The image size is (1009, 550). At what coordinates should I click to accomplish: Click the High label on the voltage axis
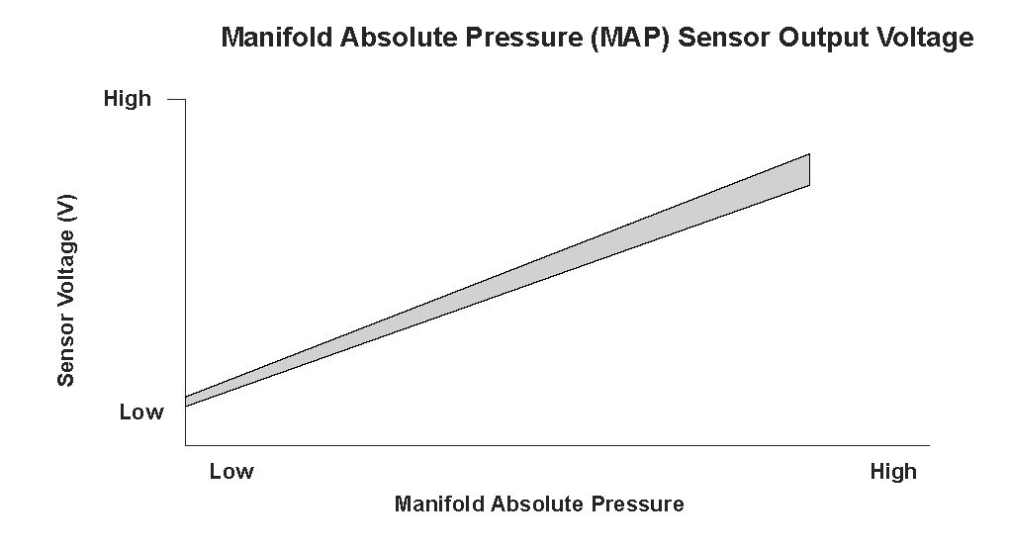(x=128, y=99)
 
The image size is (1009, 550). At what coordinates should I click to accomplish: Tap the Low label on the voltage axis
(x=141, y=412)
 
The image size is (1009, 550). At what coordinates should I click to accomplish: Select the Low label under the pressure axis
(x=231, y=472)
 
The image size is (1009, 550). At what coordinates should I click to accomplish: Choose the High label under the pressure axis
(x=893, y=472)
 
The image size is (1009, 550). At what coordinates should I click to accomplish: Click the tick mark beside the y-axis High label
(x=176, y=100)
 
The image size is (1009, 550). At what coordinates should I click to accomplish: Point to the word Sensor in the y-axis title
(x=66, y=349)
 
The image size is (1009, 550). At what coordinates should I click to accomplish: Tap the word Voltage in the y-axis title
(x=66, y=269)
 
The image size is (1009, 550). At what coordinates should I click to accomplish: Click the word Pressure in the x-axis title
(x=640, y=504)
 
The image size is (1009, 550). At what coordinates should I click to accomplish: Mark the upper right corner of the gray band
(x=809, y=154)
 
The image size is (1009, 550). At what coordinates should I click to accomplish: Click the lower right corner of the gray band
(x=809, y=185)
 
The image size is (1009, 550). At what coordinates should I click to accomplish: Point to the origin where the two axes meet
(x=185, y=445)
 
